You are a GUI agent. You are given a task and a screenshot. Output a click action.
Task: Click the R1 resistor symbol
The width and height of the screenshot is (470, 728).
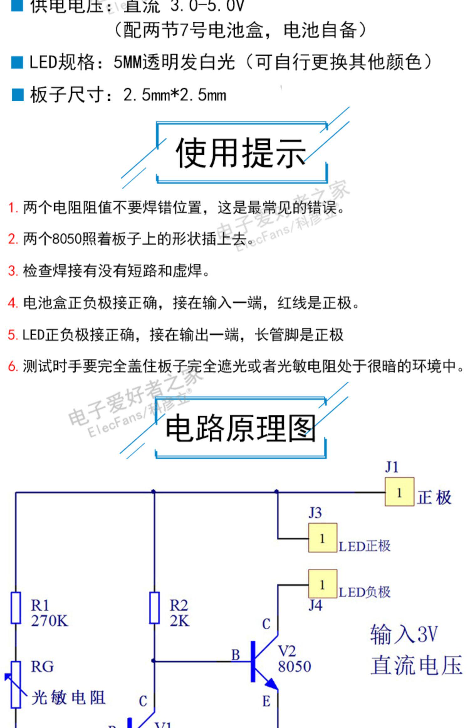(x=16, y=608)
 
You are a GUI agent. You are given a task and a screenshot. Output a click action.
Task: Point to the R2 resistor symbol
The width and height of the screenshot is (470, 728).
(x=154, y=608)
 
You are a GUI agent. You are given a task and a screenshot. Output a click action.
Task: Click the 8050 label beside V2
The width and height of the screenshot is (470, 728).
(x=294, y=667)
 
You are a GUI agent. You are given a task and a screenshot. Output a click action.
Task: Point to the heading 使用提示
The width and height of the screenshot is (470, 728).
(x=241, y=153)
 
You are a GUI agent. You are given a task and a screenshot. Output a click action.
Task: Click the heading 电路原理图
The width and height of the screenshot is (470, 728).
(x=241, y=428)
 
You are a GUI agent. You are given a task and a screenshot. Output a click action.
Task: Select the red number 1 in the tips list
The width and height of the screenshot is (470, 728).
(x=13, y=208)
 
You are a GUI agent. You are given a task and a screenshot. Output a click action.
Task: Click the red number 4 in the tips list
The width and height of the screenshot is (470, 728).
(x=13, y=303)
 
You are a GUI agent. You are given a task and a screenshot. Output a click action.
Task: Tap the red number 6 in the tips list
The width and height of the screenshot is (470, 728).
(x=13, y=366)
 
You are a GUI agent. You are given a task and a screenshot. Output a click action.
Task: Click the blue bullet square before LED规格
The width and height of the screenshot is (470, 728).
(x=17, y=62)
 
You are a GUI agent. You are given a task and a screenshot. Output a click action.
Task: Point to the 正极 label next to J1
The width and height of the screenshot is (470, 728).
(x=434, y=498)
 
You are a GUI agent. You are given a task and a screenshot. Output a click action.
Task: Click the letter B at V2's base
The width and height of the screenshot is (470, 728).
(x=236, y=655)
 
